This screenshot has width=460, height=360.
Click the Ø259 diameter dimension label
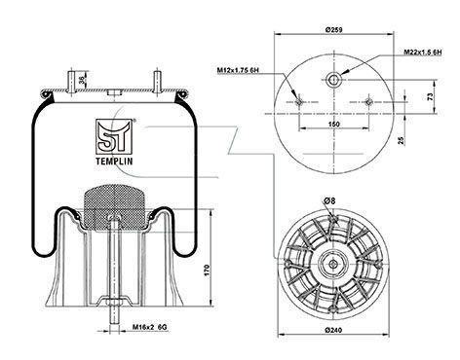333,29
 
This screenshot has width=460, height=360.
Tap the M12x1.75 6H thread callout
238,70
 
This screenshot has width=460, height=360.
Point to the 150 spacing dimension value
333,124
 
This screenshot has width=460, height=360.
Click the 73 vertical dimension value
430,96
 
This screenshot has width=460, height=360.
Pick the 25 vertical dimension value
402,140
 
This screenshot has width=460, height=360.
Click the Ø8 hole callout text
329,201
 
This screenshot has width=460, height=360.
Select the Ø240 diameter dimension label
333,330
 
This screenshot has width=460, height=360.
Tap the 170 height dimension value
208,270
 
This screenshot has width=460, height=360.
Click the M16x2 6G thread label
150,327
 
